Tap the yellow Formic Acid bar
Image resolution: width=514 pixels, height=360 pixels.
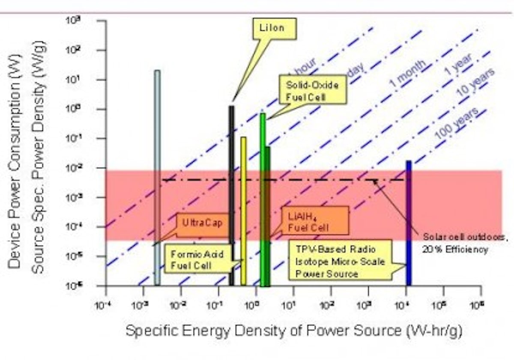point(243,210)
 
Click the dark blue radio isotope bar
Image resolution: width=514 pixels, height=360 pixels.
point(409,223)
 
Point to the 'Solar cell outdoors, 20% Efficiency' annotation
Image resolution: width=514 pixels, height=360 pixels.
point(455,243)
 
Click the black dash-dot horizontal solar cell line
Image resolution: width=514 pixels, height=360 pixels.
point(300,180)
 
